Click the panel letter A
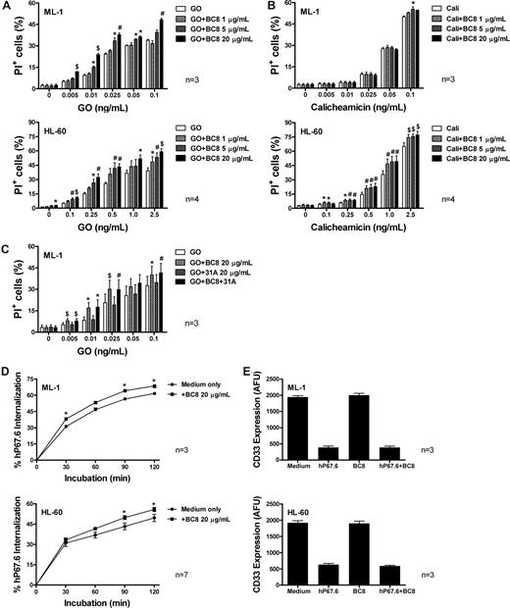(6, 7)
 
